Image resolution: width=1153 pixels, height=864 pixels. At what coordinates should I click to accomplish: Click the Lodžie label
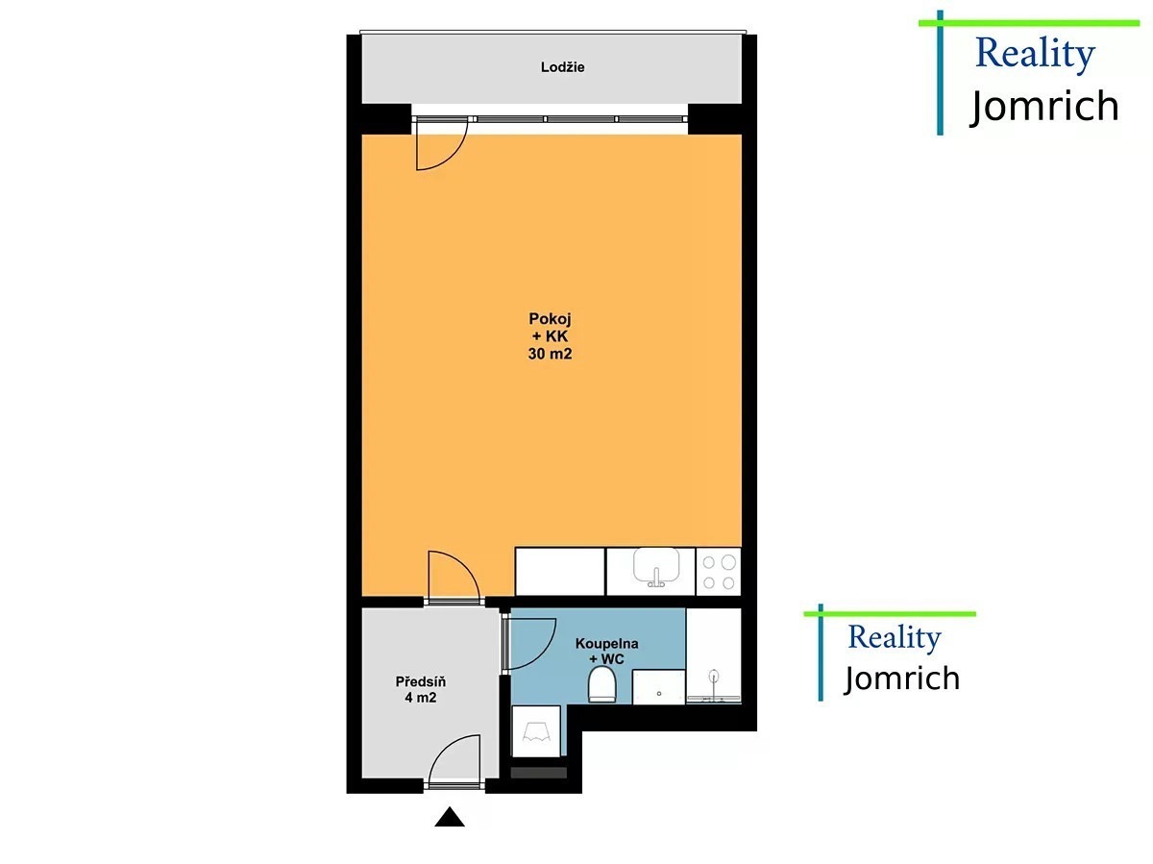562,67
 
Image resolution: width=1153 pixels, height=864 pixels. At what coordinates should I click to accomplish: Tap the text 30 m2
550,354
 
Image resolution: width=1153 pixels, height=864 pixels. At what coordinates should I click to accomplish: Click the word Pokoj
550,319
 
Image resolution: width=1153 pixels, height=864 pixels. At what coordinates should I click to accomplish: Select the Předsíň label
420,681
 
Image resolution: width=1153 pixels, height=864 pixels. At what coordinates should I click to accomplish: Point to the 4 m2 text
420,698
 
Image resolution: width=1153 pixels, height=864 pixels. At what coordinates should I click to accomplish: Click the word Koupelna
606,643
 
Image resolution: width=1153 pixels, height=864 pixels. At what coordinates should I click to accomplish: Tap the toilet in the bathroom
602,684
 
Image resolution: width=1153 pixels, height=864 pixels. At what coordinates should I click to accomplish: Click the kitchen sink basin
656,566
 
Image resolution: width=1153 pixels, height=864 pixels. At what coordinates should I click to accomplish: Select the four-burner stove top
718,572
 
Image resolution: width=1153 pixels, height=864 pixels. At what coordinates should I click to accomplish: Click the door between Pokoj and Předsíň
454,575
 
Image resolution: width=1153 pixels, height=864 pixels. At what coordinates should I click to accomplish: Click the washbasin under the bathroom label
659,687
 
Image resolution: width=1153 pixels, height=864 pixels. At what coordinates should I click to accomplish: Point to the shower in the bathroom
714,656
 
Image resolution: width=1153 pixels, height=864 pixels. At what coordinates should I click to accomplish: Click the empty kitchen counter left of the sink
560,572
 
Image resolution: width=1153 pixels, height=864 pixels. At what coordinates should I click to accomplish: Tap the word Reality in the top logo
1035,55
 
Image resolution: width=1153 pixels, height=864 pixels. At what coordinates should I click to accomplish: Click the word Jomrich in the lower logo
902,679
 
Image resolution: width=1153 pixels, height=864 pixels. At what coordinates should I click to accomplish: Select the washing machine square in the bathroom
536,731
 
